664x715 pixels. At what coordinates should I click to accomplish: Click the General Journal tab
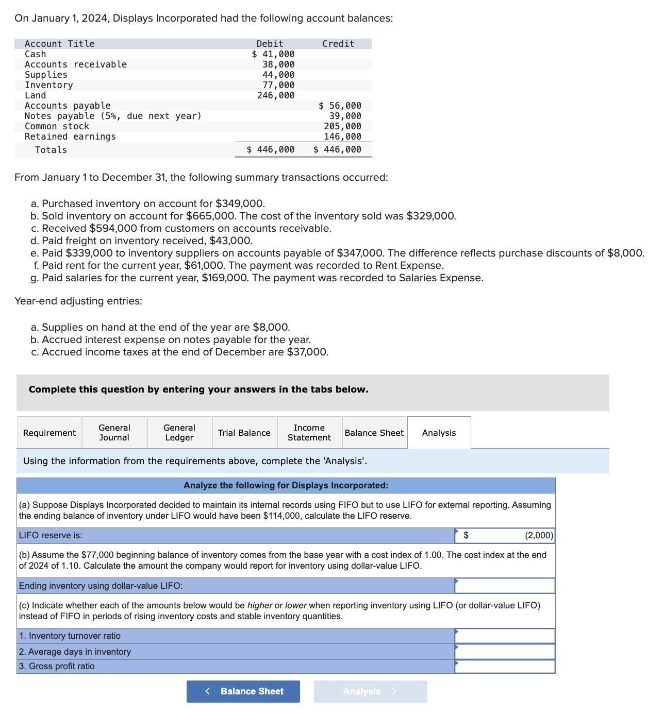pos(114,433)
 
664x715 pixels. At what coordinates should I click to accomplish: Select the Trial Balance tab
pos(244,433)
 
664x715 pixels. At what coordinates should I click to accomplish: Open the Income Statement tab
pos(309,433)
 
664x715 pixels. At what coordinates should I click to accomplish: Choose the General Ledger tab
pos(179,433)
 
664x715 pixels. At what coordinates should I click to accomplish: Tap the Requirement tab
pos(49,433)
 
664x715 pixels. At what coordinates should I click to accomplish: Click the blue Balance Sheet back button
pos(243,691)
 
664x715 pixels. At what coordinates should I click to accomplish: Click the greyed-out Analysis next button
pos(370,691)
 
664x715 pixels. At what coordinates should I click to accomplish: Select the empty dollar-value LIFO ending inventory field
pos(504,586)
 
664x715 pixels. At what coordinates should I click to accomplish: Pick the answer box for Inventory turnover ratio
pos(504,636)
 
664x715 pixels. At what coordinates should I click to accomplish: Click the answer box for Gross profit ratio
pos(504,666)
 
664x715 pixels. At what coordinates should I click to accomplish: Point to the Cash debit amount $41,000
pos(273,54)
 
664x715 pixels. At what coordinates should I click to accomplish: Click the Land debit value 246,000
pos(276,95)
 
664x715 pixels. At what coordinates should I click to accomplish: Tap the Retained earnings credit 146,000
pos(342,137)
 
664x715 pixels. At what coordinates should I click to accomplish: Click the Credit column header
pos(338,44)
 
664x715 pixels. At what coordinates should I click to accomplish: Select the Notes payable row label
pos(113,116)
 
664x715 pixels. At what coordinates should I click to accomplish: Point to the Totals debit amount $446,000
pos(271,149)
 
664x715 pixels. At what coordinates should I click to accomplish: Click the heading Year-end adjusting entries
pos(78,301)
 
